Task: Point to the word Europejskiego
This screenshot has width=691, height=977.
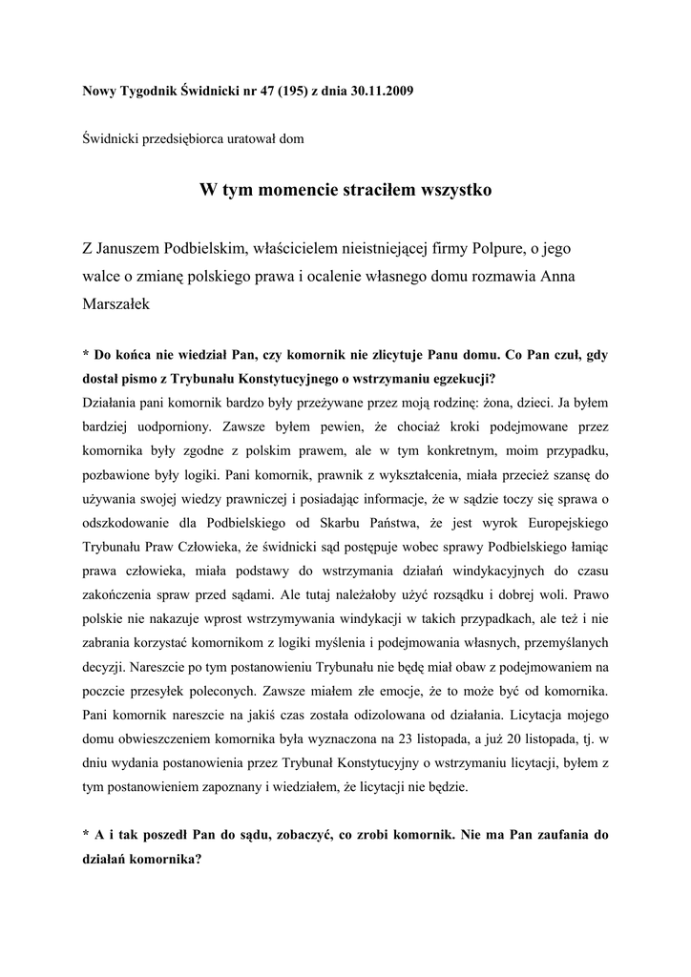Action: coord(556,524)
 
